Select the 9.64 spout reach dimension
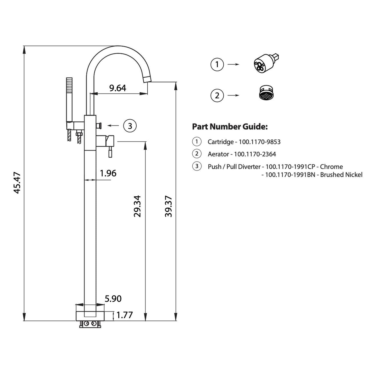[x=118, y=88]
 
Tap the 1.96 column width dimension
[x=108, y=173]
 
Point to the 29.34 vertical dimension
[x=137, y=206]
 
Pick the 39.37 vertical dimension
[x=168, y=206]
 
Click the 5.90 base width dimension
[x=113, y=299]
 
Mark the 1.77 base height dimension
[x=125, y=315]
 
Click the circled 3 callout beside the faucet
[x=130, y=126]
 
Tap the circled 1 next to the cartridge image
[x=217, y=64]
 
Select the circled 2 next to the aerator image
[x=217, y=96]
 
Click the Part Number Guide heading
[x=230, y=127]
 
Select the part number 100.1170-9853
[x=260, y=142]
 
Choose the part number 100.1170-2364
[x=255, y=154]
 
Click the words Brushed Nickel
[x=341, y=175]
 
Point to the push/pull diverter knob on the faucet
[x=99, y=126]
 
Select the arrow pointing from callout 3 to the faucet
[x=113, y=126]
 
